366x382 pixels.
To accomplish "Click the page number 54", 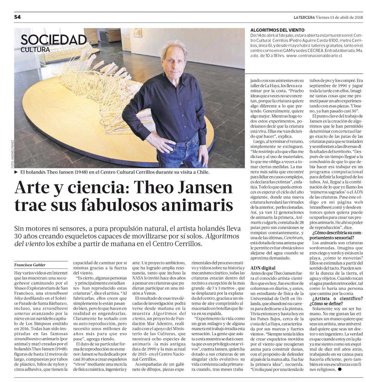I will point(17,17).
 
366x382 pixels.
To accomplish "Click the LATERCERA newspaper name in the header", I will point(304,17).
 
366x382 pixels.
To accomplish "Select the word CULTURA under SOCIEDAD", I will point(35,50).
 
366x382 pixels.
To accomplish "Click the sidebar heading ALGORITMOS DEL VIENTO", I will point(277,30).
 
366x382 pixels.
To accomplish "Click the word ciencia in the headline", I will point(98,187).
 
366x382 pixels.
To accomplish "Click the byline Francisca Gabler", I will point(30,265).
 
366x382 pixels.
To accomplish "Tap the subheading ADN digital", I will point(263,268).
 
